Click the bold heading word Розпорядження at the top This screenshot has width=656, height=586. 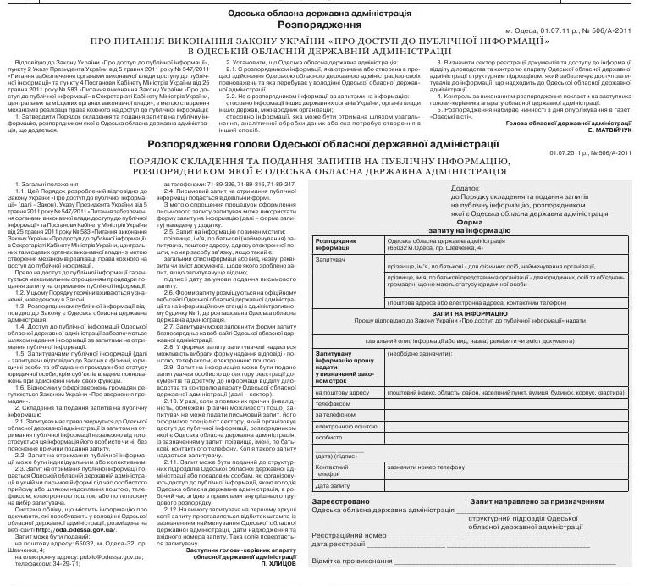(x=328, y=26)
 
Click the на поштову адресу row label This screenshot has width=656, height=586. (x=338, y=392)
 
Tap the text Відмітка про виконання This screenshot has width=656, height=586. (x=356, y=561)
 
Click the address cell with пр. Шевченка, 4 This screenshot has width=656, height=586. (x=440, y=246)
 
